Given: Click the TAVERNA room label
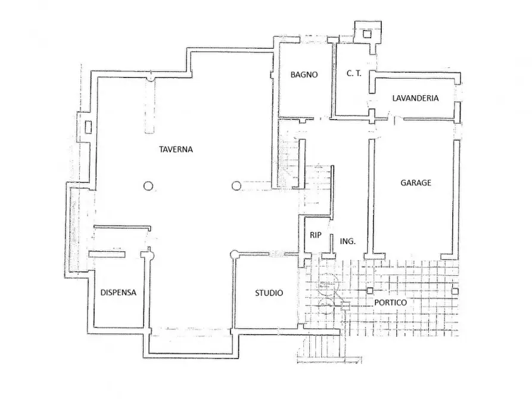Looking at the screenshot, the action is click(x=176, y=149).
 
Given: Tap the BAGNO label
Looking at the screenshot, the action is click(x=304, y=74).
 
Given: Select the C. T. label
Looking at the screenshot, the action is click(x=354, y=73).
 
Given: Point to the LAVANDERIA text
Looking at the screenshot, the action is click(x=415, y=98).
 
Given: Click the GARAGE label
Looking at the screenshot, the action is click(x=416, y=183).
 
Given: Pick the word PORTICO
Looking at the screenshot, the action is click(x=391, y=303).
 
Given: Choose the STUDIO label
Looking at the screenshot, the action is click(x=269, y=293).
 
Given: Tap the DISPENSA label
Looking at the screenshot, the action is click(x=119, y=292).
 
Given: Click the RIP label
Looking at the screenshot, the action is click(x=316, y=235).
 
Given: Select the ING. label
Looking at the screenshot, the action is click(x=348, y=241).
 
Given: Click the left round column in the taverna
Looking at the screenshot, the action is click(x=148, y=186).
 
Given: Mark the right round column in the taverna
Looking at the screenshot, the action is click(x=237, y=186).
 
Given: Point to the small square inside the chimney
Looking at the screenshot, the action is click(x=367, y=34).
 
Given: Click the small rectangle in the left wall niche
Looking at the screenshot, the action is click(x=88, y=127).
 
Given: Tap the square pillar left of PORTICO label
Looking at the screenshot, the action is click(x=369, y=291).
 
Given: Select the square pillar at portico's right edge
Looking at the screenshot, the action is click(x=455, y=291).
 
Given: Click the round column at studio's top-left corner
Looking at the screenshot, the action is click(x=234, y=254).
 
